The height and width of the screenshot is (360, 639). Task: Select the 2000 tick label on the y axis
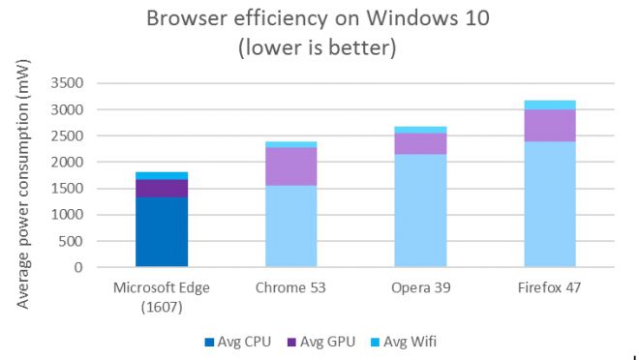(x=66, y=163)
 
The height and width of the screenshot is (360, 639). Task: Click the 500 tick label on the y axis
(x=70, y=241)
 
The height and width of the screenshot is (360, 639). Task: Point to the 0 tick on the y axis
(x=77, y=267)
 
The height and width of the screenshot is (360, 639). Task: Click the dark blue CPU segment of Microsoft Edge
(x=162, y=231)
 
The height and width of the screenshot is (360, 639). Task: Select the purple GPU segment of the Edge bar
(x=162, y=188)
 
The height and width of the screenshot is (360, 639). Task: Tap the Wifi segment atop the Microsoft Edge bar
(x=162, y=175)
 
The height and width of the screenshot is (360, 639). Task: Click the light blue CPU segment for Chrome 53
(x=291, y=225)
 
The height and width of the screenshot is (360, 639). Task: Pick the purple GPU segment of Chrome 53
(x=291, y=165)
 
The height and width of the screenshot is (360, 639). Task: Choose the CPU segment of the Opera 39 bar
(x=421, y=210)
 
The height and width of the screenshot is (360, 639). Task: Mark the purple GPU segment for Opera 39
(x=421, y=143)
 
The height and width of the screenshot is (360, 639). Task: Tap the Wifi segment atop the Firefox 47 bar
(x=550, y=105)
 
